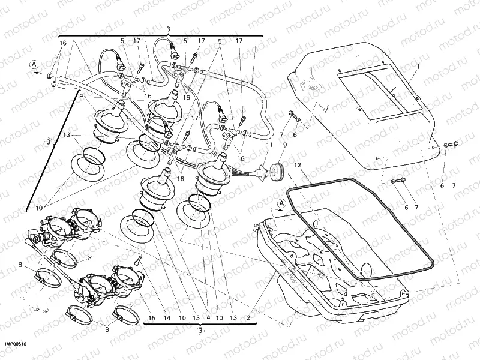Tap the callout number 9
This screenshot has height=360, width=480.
point(284,145)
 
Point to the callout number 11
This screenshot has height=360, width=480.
point(269,145)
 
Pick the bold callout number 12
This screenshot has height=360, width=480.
point(298,163)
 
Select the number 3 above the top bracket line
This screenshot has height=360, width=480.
point(169,29)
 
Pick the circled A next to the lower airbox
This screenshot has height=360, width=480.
point(281,204)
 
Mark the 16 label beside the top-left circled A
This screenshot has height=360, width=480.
point(62,43)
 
